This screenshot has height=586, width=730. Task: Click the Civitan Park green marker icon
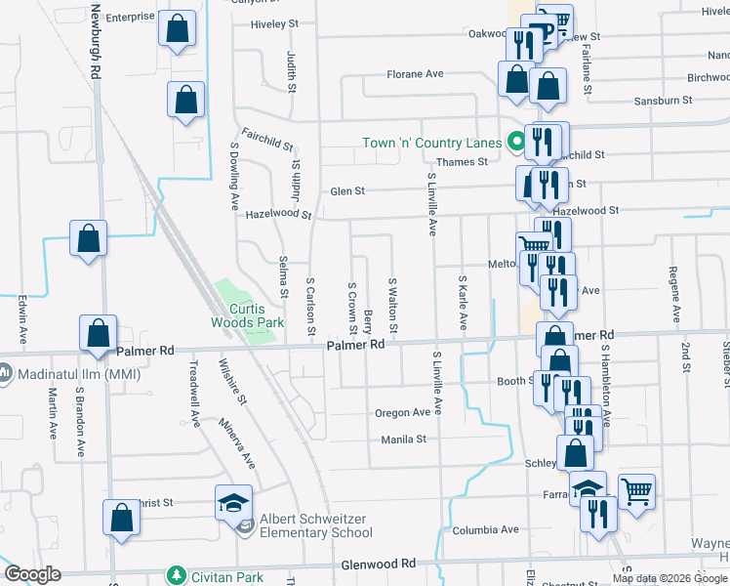tap(176, 575)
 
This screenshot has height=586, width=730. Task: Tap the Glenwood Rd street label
tap(379, 565)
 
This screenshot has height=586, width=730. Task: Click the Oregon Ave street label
tap(402, 413)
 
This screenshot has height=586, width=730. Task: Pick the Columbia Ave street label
tap(485, 529)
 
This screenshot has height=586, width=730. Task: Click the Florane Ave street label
tap(415, 74)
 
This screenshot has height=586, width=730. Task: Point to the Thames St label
tap(462, 162)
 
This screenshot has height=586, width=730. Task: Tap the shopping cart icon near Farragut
tap(636, 491)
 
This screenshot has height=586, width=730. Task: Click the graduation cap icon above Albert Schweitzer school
tap(233, 502)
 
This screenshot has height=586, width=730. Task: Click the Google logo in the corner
tap(33, 574)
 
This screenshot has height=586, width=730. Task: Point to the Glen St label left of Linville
tap(346, 191)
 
